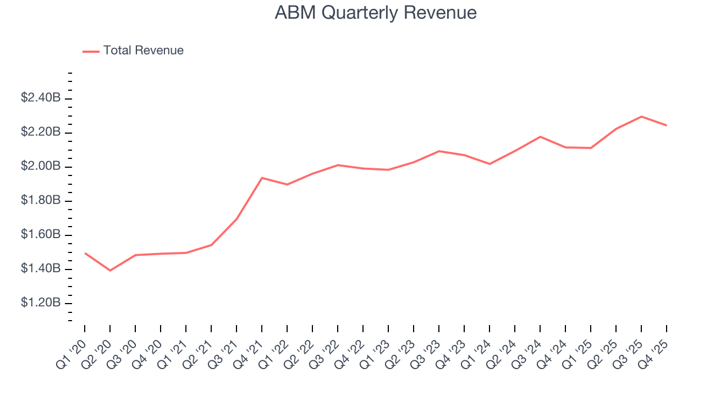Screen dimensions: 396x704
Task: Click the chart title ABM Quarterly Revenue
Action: coord(376,13)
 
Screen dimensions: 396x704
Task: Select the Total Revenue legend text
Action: coord(143,51)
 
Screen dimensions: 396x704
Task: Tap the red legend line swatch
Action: coord(91,51)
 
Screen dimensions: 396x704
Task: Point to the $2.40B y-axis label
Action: coord(41,98)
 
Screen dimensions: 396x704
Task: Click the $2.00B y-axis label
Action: coord(41,166)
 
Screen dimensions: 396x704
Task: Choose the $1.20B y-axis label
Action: coord(41,302)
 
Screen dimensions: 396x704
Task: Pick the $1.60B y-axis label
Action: coord(41,234)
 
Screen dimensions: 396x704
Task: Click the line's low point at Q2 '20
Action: coord(110,271)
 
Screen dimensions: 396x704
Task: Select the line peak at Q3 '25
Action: coord(641,117)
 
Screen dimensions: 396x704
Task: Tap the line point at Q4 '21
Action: coord(262,178)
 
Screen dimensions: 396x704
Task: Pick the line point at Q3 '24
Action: coord(540,136)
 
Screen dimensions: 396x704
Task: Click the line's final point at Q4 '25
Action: coord(667,125)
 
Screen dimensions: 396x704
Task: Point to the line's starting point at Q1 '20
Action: coord(85,253)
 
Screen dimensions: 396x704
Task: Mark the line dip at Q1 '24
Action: coord(490,164)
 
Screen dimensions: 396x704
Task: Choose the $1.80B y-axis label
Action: coord(41,200)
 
